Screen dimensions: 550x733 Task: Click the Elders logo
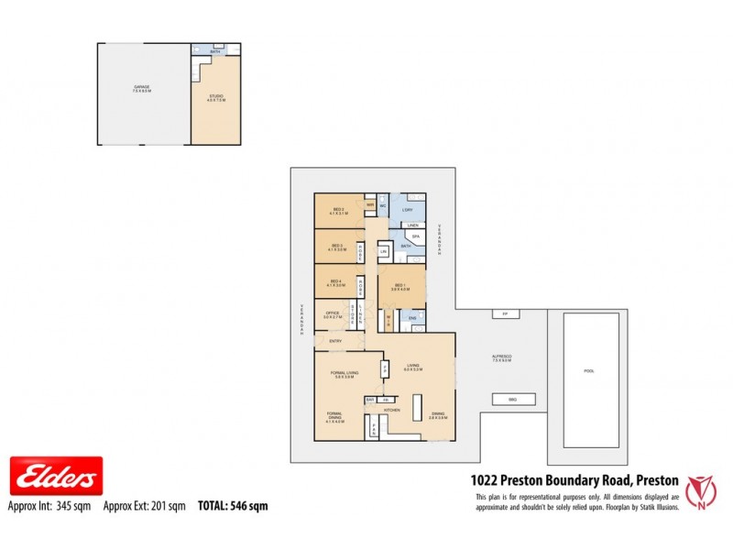pyautogui.click(x=55, y=477)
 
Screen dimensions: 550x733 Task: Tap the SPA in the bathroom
pyautogui.click(x=415, y=236)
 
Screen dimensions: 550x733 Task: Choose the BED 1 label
pyautogui.click(x=400, y=287)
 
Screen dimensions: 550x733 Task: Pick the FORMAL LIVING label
pyautogui.click(x=344, y=372)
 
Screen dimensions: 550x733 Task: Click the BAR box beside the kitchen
pyautogui.click(x=371, y=400)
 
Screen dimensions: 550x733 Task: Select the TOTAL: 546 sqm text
pyautogui.click(x=233, y=505)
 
